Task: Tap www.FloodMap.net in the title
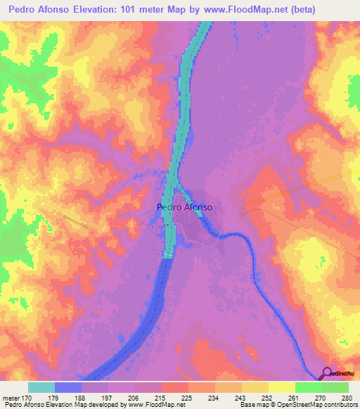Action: coord(245,10)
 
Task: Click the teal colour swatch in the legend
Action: coord(41,387)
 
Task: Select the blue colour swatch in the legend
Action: coord(68,387)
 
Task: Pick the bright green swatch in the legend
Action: coord(309,387)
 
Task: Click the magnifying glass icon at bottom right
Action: coord(328,373)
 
